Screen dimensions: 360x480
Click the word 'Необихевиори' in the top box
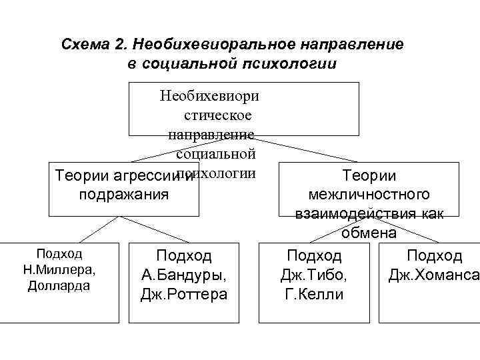coord(209,96)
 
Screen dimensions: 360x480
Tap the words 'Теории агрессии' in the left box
coord(116,175)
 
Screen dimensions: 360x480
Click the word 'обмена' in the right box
coord(369,233)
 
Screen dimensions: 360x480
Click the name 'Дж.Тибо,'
coord(314,275)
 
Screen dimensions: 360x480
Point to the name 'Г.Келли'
coord(314,293)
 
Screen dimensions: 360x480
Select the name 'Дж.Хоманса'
coord(434,275)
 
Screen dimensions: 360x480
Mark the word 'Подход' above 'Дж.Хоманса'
coord(435,256)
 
